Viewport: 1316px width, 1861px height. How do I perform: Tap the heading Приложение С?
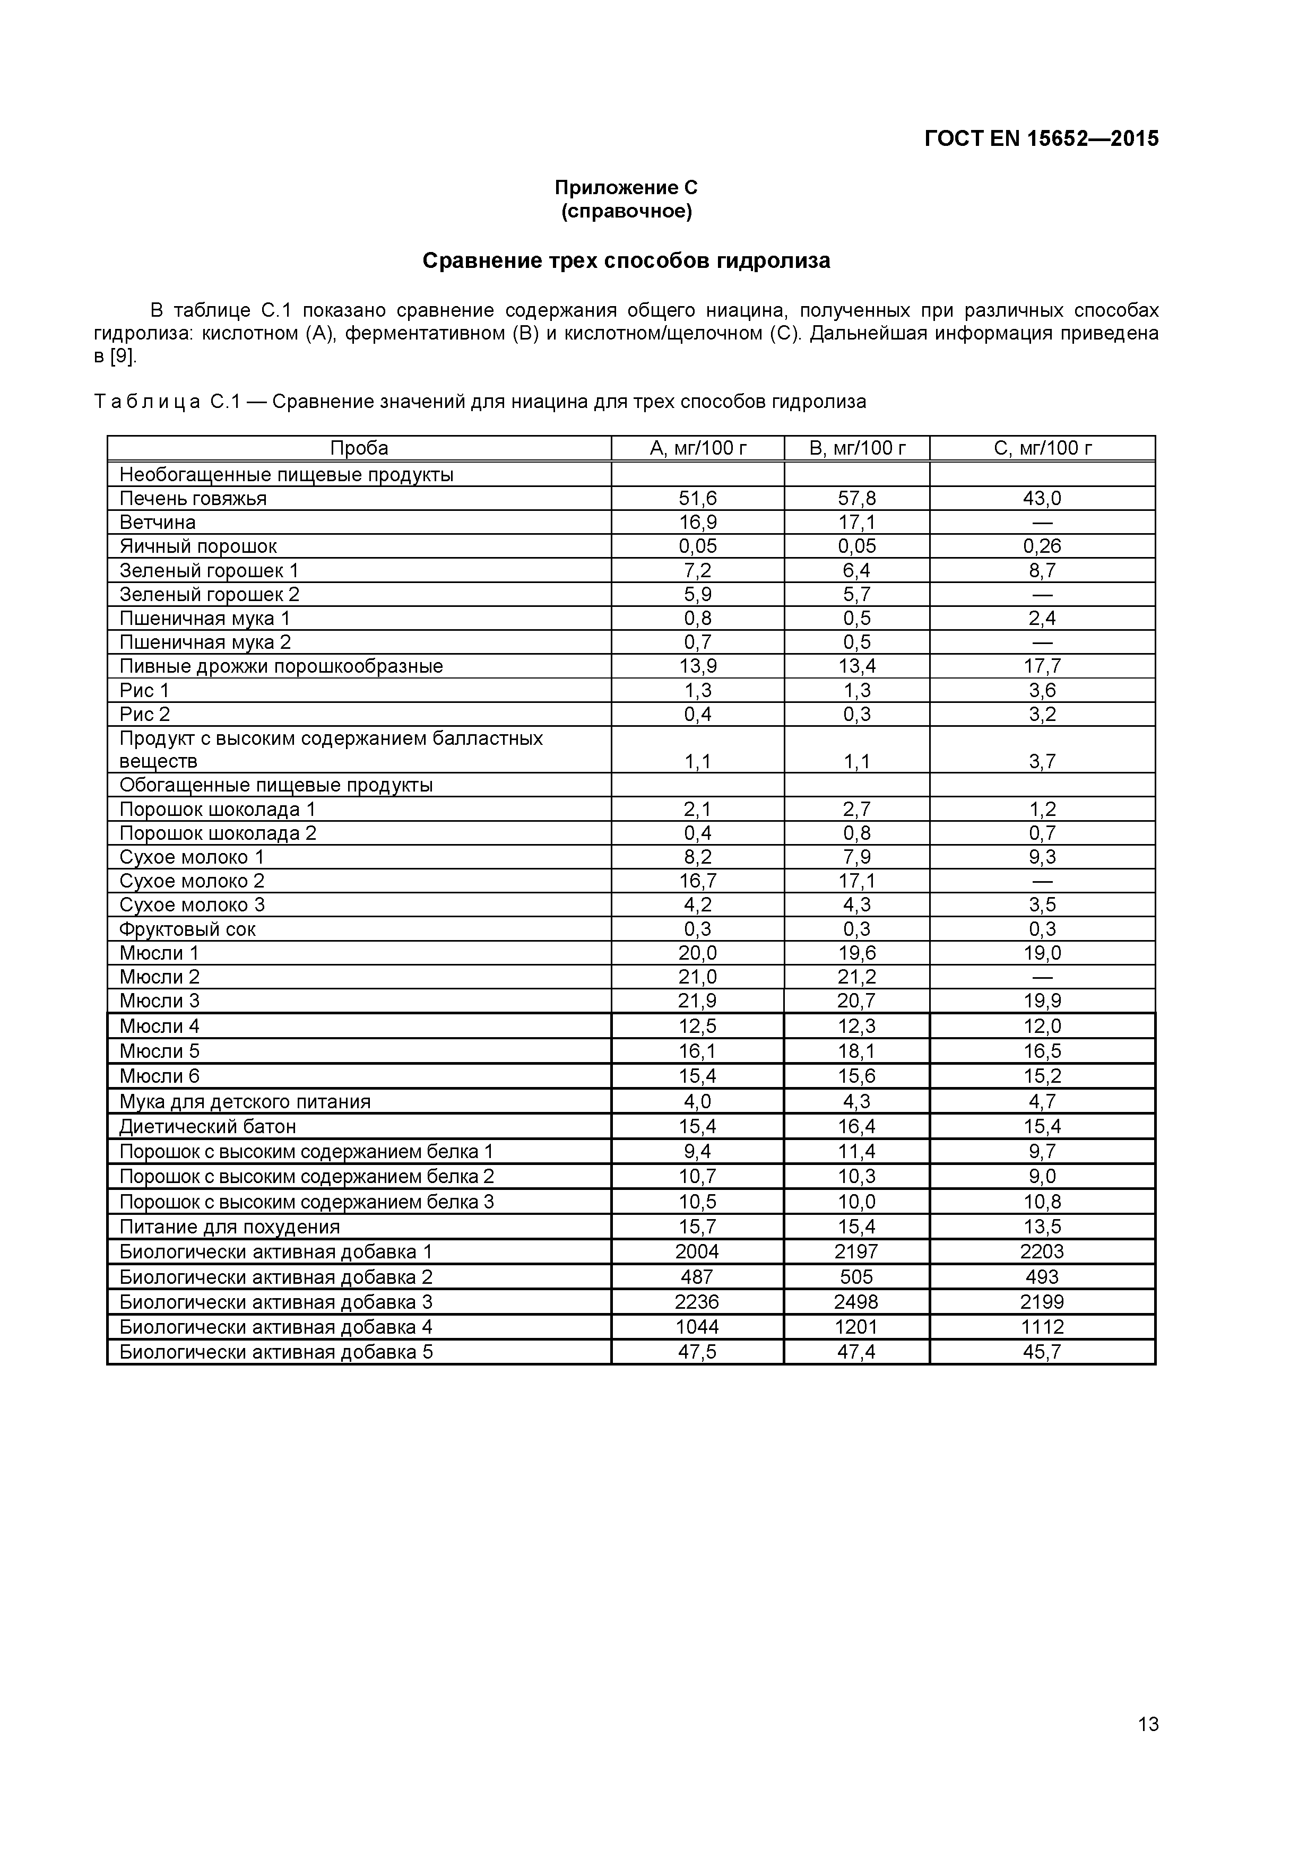point(626,187)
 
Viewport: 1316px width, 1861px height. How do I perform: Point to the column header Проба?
point(359,448)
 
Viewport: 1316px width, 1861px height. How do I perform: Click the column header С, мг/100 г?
point(1043,448)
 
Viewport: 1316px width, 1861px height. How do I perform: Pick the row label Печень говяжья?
point(193,499)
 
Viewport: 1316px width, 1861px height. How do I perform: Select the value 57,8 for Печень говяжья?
point(856,499)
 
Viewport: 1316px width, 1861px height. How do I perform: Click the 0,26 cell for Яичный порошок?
point(1042,546)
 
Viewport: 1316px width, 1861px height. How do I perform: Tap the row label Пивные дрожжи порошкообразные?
point(281,666)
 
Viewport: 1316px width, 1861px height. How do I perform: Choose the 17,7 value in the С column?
point(1042,666)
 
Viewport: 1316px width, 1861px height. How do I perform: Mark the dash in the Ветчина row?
point(1042,523)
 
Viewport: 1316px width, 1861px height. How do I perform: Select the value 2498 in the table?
point(856,1302)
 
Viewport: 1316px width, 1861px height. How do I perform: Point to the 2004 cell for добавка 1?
point(697,1251)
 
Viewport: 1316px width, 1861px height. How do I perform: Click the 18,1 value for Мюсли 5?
point(856,1051)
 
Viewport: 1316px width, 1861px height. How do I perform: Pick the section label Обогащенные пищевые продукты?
point(276,786)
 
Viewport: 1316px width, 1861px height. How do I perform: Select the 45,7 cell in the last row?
point(1042,1351)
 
